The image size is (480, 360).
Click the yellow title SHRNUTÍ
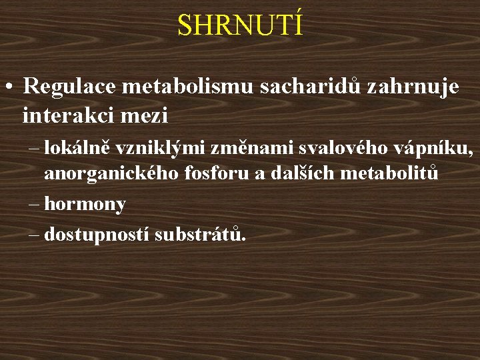(240, 25)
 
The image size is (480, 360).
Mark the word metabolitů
(389, 174)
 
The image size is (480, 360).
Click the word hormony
(85, 205)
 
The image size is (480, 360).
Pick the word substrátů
(200, 235)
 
